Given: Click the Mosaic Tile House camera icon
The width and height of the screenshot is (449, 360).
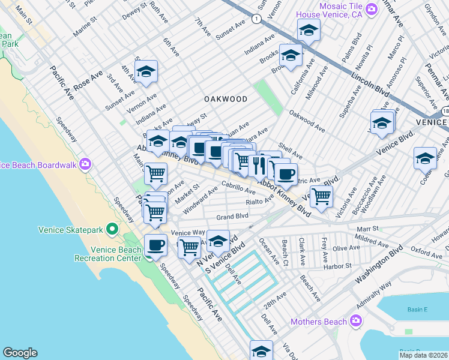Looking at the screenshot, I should pyautogui.click(x=372, y=8).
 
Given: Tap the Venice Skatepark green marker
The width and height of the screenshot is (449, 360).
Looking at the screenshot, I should pyautogui.click(x=111, y=229).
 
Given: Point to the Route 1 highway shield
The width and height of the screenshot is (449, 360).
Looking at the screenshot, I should pyautogui.click(x=257, y=19).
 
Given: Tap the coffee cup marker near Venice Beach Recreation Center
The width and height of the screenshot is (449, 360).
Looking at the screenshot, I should pyautogui.click(x=155, y=245).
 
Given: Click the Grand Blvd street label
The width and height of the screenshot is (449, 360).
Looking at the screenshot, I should pyautogui.click(x=232, y=216).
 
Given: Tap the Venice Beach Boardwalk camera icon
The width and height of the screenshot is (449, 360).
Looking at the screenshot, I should pyautogui.click(x=85, y=164).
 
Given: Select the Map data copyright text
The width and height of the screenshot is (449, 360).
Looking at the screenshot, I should pyautogui.click(x=423, y=354).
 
